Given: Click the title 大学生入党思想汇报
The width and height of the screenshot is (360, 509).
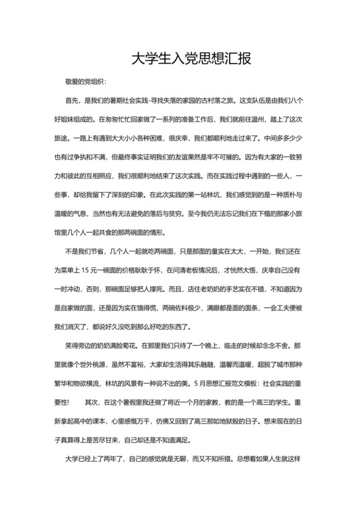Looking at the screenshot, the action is tap(180, 58).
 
